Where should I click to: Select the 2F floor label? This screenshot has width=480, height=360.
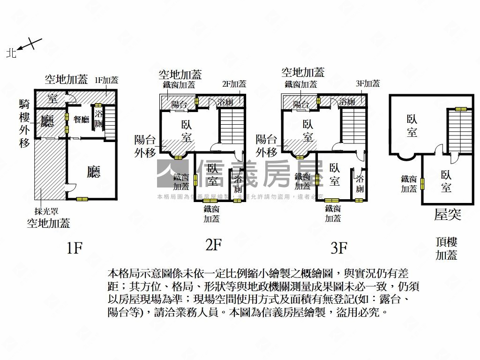coord(213,245)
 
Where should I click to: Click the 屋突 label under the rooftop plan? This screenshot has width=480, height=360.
coord(448,215)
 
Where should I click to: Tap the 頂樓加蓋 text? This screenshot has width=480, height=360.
coord(446,249)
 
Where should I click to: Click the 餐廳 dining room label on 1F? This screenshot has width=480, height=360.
coord(81,120)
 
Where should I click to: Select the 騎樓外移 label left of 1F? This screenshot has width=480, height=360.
coord(24,123)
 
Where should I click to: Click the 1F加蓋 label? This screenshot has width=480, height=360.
coord(106,80)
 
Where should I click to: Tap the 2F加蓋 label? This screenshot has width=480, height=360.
coord(234,84)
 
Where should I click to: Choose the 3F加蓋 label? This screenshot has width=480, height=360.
coord(367,83)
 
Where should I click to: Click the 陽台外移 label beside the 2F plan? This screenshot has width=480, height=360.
coord(145,146)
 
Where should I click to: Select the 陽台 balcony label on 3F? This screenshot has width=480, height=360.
coord(301,104)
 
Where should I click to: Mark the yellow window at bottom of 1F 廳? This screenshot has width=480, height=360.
coord(82,199)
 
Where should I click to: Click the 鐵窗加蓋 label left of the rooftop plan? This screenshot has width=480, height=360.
coord(409,184)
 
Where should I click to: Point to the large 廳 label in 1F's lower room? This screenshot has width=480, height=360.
coord(94,172)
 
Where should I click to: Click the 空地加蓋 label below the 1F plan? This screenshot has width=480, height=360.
coord(48,223)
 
